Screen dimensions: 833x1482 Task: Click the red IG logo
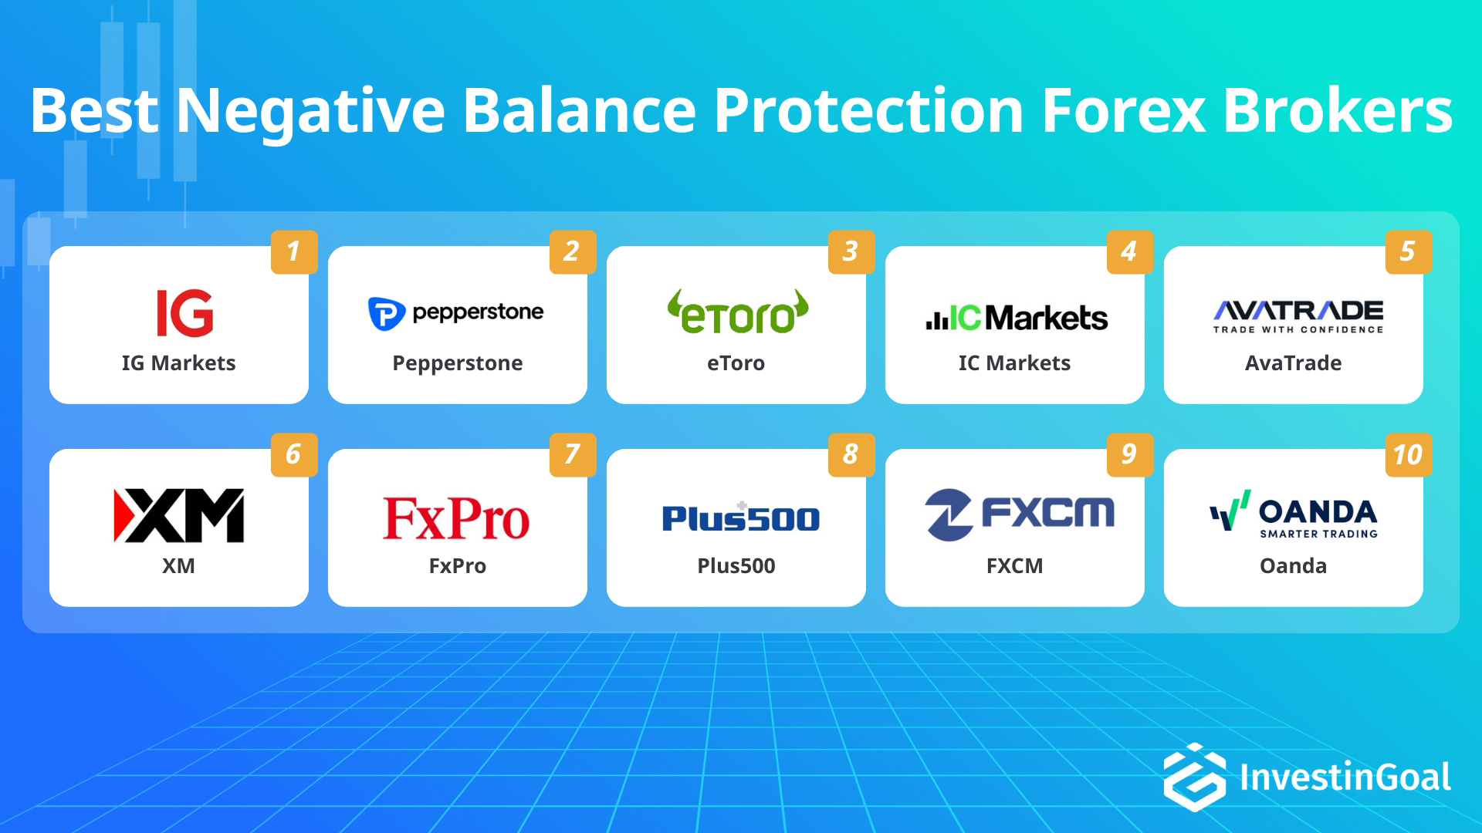pyautogui.click(x=184, y=313)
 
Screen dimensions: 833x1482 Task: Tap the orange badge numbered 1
pyautogui.click(x=294, y=251)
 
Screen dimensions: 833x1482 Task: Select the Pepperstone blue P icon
pyautogui.click(x=386, y=313)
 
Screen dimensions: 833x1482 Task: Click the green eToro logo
pyautogui.click(x=737, y=313)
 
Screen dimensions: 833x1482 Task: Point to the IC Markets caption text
pyautogui.click(x=1014, y=363)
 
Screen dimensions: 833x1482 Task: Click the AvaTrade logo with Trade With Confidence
pyautogui.click(x=1298, y=316)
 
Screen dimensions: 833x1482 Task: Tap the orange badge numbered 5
pyautogui.click(x=1408, y=251)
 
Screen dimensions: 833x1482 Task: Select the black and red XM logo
pyautogui.click(x=179, y=515)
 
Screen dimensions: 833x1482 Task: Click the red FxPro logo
pyautogui.click(x=456, y=518)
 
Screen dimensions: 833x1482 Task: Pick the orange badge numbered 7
pyautogui.click(x=573, y=454)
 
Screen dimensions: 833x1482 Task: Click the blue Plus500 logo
pyautogui.click(x=740, y=518)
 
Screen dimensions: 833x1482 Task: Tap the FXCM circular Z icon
pyautogui.click(x=949, y=514)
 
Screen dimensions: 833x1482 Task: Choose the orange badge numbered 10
pyautogui.click(x=1408, y=454)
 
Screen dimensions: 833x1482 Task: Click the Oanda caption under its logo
pyautogui.click(x=1293, y=566)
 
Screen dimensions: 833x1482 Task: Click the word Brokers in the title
pyautogui.click(x=1337, y=110)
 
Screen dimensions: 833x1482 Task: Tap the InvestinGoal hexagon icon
pyautogui.click(x=1194, y=777)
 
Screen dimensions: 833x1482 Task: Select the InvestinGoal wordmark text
pyautogui.click(x=1345, y=777)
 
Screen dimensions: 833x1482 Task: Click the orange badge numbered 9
pyautogui.click(x=1129, y=454)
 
